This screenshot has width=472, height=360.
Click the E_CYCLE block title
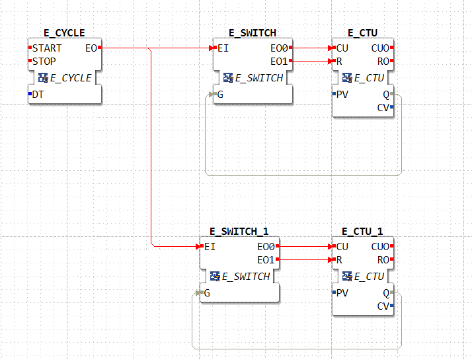[x=64, y=32]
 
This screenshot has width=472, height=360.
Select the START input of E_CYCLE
[x=47, y=48]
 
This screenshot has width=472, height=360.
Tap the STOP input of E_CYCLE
[x=44, y=62]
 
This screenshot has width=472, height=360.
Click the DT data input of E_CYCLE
[x=38, y=94]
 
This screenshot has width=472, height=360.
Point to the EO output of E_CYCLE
[x=91, y=48]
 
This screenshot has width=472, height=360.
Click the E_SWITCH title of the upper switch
[x=253, y=32]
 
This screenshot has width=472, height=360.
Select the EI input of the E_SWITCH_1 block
[x=210, y=247]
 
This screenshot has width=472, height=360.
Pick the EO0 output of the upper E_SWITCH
[x=279, y=48]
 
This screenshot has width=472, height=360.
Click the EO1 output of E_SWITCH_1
[x=266, y=260]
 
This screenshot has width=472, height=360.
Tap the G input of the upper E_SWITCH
[x=220, y=94]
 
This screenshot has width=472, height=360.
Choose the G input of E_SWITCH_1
[x=207, y=292]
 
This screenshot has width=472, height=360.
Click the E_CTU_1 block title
[x=362, y=231]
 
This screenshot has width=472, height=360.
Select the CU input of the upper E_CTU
[x=342, y=48]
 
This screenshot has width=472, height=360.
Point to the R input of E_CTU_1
[x=339, y=260]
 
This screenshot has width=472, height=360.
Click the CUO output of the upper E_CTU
[x=380, y=48]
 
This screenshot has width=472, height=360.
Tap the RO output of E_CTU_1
[x=382, y=260]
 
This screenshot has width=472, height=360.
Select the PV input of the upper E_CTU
[x=342, y=94]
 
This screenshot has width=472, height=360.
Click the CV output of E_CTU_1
[x=383, y=306]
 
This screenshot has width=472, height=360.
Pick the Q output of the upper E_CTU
[x=386, y=94]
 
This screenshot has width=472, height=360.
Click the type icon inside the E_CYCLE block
[x=43, y=78]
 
